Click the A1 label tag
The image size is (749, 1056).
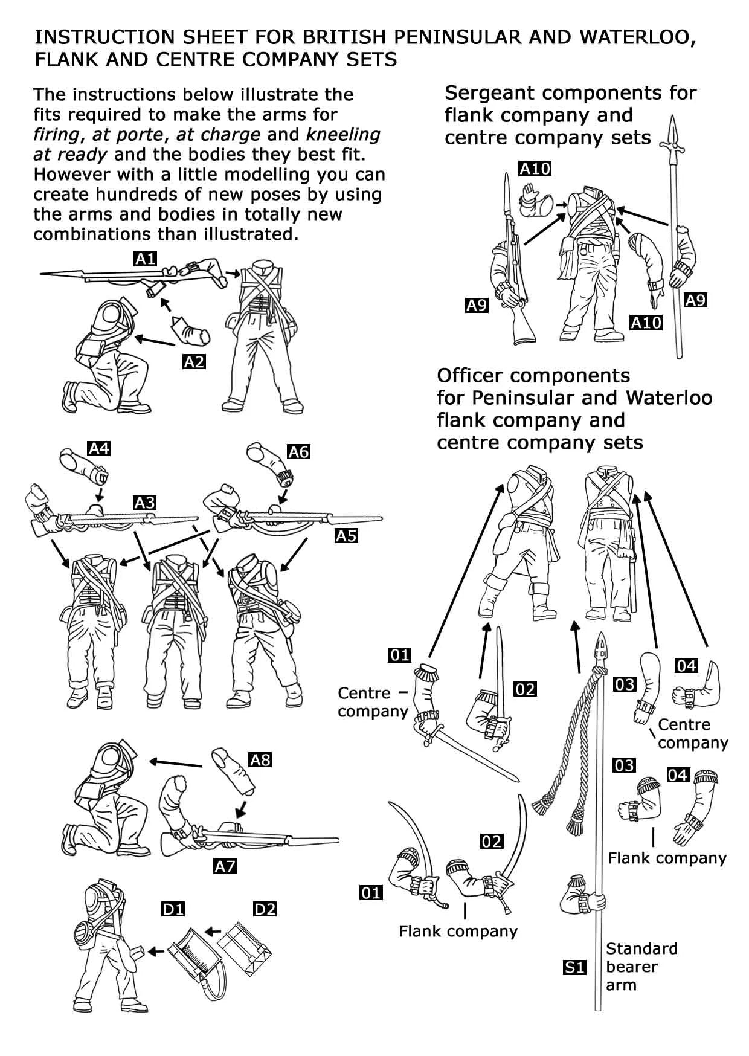145,260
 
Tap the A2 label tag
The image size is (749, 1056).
194,362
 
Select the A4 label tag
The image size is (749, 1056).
99,448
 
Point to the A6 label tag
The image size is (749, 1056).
298,452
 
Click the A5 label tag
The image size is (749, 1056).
346,536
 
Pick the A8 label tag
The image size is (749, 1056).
260,759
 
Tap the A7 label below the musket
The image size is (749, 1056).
225,866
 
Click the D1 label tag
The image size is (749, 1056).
173,909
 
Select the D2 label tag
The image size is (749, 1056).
265,909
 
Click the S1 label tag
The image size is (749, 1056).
574,967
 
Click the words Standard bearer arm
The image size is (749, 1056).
641,967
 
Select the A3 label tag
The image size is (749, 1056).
144,503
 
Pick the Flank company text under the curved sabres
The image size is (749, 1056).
458,931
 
